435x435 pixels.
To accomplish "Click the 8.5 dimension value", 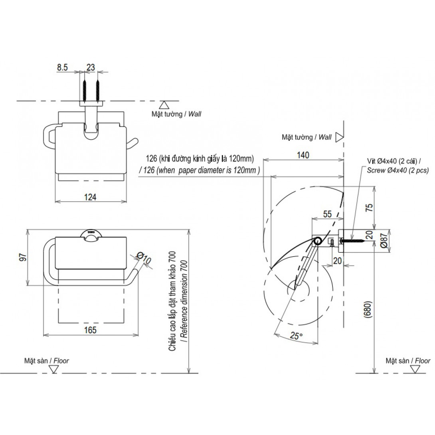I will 62,68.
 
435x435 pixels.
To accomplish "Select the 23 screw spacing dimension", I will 91,68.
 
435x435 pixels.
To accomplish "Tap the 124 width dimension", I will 91,196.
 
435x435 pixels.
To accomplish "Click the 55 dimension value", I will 327,214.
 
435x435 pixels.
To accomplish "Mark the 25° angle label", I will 296,336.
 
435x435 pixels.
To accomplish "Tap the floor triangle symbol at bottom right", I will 415,369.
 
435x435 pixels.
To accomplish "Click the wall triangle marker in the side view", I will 339,137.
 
